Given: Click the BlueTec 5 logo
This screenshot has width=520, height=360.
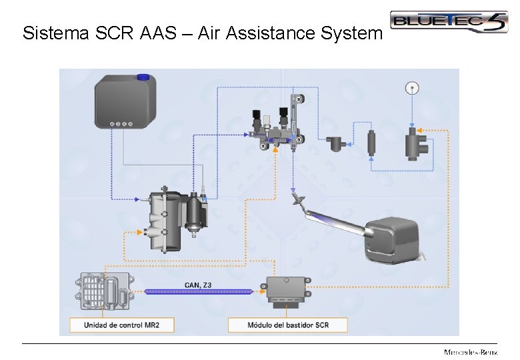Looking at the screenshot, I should pos(448,21).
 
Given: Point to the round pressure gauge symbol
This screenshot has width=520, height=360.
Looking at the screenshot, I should pos(412,87).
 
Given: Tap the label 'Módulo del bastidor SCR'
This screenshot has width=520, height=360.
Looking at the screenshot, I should pos(288,325).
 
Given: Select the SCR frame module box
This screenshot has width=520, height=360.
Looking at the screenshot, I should pos(289,291).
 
